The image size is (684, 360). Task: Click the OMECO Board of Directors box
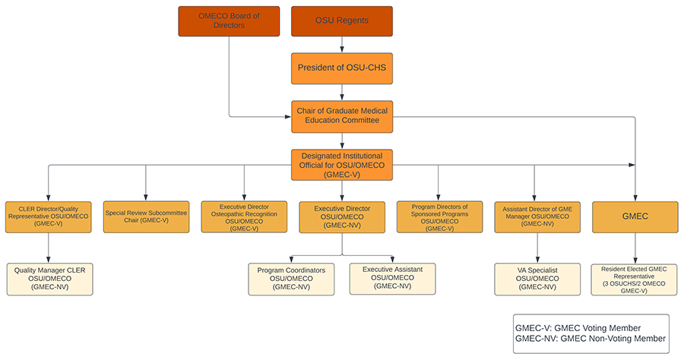click(x=229, y=21)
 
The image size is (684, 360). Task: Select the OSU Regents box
click(x=341, y=21)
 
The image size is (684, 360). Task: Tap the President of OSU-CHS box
click(x=341, y=68)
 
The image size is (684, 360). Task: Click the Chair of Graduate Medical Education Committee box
click(x=341, y=117)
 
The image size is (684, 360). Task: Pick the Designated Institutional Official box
click(x=341, y=165)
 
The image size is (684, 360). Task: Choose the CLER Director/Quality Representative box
click(x=49, y=216)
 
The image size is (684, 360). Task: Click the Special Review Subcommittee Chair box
click(x=146, y=216)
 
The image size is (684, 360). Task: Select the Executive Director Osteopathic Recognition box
click(x=244, y=216)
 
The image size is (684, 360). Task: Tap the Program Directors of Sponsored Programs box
click(x=439, y=216)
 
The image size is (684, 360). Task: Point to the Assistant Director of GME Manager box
click(x=537, y=216)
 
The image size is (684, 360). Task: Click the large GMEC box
click(x=635, y=216)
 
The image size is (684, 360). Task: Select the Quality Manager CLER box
click(x=49, y=279)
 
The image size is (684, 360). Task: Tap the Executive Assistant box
click(x=392, y=279)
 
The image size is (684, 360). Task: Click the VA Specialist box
click(x=537, y=279)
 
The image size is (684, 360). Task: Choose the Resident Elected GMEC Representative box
click(x=635, y=279)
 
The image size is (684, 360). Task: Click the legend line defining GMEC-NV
click(x=590, y=339)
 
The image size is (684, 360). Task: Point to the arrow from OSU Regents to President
click(x=341, y=45)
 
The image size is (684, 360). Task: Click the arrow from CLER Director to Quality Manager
click(x=49, y=248)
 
